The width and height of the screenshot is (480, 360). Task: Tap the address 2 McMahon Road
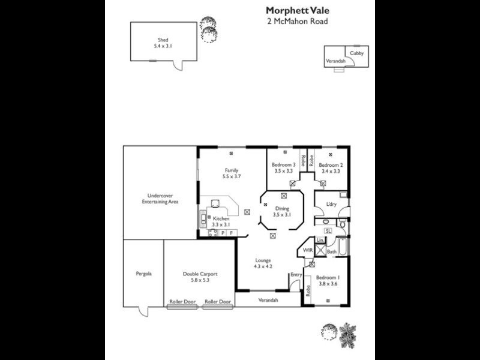tap(297, 21)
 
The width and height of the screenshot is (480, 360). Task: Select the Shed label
tap(163, 40)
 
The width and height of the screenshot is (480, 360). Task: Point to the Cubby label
tap(356, 53)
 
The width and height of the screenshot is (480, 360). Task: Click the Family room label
tap(232, 170)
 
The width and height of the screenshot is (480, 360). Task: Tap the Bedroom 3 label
tap(283, 165)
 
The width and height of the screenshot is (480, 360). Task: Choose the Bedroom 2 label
tap(331, 165)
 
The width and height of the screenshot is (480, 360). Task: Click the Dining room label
tap(281, 208)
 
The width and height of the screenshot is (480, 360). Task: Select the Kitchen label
tap(221, 219)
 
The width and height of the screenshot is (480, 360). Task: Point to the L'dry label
tap(331, 205)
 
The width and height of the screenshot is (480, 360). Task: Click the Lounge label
tap(263, 260)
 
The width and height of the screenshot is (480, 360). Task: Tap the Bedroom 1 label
tap(328, 277)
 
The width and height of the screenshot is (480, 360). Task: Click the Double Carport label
tap(200, 274)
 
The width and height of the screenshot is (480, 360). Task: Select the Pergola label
tap(143, 274)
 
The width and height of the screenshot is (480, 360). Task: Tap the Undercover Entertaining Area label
tap(160, 199)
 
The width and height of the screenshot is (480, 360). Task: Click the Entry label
tap(296, 275)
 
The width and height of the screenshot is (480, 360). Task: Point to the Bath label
tap(332, 252)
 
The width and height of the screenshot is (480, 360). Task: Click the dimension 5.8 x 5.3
tap(200, 280)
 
